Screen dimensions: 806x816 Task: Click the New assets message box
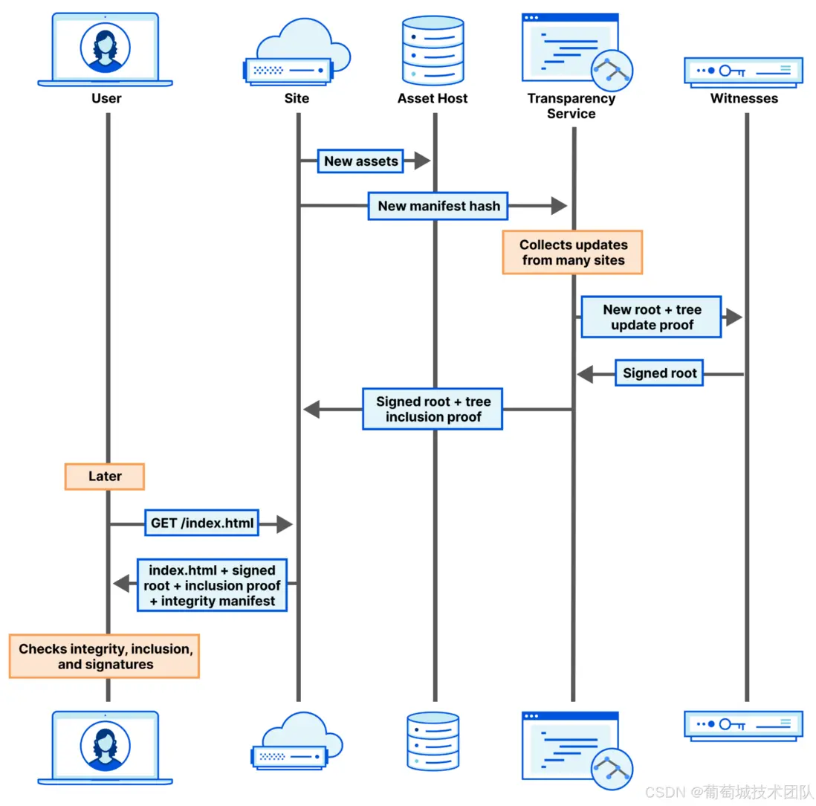click(360, 161)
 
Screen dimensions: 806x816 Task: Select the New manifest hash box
click(438, 206)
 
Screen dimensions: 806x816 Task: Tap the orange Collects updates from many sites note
click(572, 252)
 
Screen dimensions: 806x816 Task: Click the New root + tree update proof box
click(651, 317)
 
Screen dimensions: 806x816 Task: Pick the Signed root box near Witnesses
click(659, 373)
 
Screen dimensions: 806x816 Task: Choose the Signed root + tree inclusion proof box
click(433, 409)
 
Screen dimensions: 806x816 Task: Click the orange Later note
click(104, 477)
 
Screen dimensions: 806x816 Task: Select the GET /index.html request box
click(202, 523)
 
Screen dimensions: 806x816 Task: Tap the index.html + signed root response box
click(212, 585)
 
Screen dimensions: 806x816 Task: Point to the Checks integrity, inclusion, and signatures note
click(105, 656)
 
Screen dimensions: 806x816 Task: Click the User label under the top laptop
click(106, 98)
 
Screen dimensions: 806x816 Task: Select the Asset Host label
click(433, 98)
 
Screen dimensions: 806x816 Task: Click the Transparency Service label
click(571, 106)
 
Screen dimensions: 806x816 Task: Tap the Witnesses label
click(744, 98)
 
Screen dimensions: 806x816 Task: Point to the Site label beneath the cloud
click(297, 98)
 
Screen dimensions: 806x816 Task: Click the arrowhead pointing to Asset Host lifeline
click(422, 161)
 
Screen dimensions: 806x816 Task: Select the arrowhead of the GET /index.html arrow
click(284, 524)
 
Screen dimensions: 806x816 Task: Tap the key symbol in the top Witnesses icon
click(736, 71)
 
